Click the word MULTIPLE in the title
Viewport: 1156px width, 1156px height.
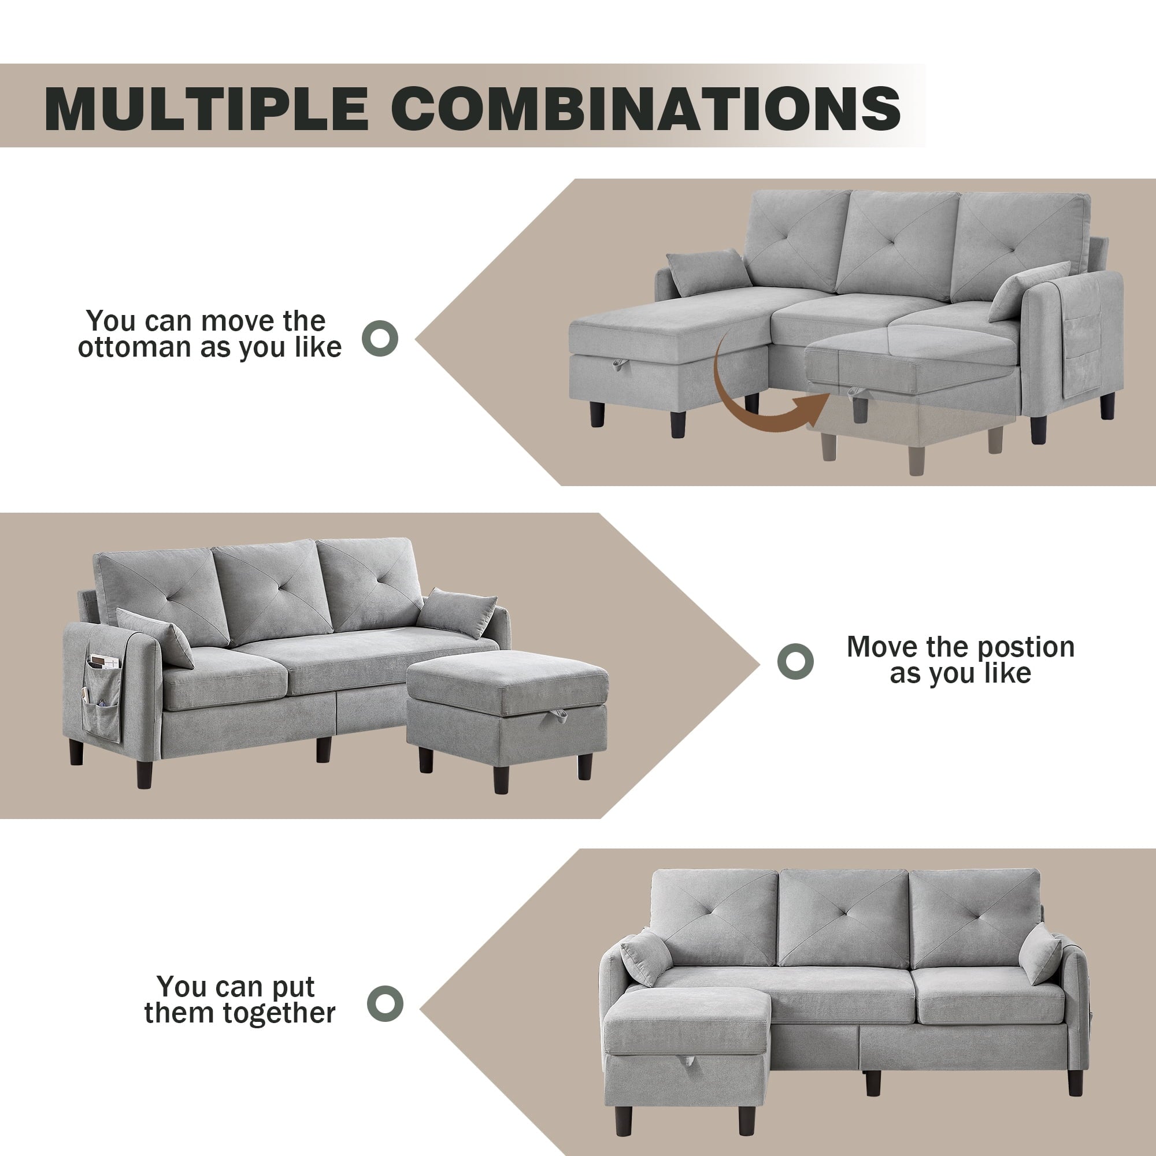click(x=206, y=108)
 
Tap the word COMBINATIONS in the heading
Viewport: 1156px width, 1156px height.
click(x=646, y=108)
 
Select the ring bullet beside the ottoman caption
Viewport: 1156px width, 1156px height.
click(x=380, y=338)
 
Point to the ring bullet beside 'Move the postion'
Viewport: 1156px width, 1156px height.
click(x=795, y=661)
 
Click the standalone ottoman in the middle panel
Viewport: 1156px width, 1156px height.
click(x=507, y=715)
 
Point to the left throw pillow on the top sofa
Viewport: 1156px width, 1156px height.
click(x=709, y=273)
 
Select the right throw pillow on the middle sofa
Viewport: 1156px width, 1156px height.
click(x=457, y=613)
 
